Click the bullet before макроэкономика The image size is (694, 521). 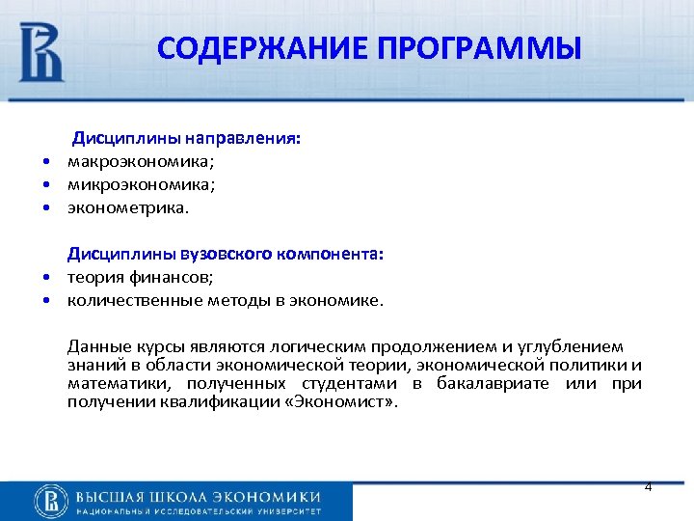[45, 162]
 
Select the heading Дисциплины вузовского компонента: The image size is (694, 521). [225, 254]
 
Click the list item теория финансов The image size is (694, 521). [132, 277]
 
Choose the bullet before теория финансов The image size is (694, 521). [45, 278]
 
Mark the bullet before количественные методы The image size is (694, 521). [45, 301]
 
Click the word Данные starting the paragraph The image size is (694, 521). [93, 346]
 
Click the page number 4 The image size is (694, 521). [648, 487]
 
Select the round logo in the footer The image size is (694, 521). [50, 501]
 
